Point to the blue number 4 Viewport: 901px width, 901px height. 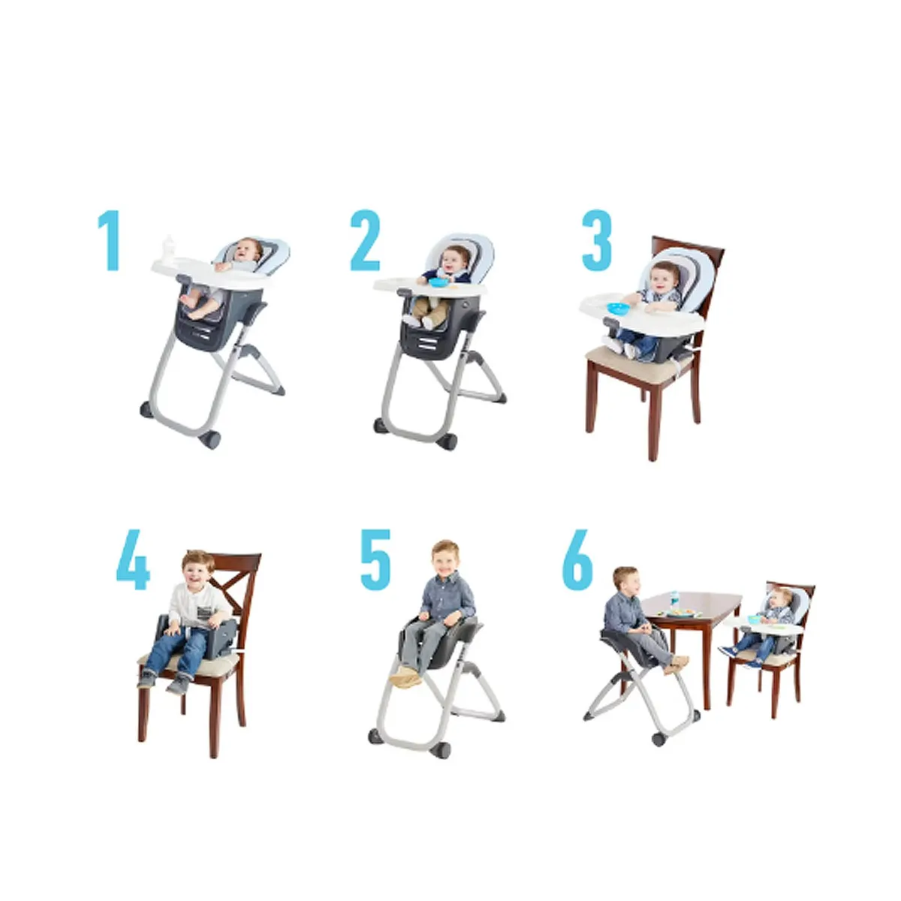pyautogui.click(x=133, y=561)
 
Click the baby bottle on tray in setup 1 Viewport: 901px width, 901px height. pyautogui.click(x=170, y=249)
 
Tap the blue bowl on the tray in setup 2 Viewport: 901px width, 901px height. pyautogui.click(x=437, y=282)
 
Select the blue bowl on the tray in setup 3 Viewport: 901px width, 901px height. pyautogui.click(x=617, y=308)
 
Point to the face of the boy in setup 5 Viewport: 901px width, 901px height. pyautogui.click(x=445, y=559)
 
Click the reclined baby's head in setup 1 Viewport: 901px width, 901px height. pyautogui.click(x=246, y=250)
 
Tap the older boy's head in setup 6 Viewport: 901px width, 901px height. pyautogui.click(x=625, y=580)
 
